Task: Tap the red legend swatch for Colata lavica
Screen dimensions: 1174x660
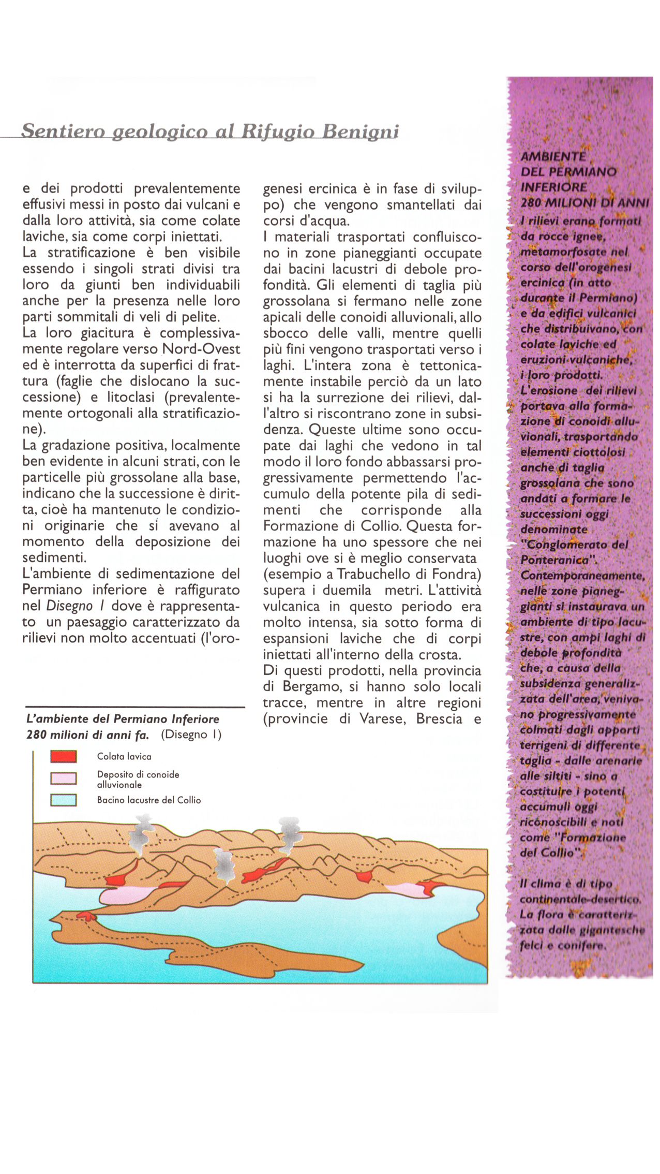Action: [x=64, y=757]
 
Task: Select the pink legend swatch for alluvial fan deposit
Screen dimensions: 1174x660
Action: [x=64, y=779]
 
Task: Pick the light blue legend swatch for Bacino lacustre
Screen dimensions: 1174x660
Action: [x=64, y=800]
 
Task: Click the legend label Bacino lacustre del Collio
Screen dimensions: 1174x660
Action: [x=149, y=800]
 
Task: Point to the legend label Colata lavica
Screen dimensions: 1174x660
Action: [x=124, y=757]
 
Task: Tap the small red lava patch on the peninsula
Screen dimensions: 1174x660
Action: [x=86, y=916]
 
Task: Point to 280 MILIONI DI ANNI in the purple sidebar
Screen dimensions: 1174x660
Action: [x=584, y=203]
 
